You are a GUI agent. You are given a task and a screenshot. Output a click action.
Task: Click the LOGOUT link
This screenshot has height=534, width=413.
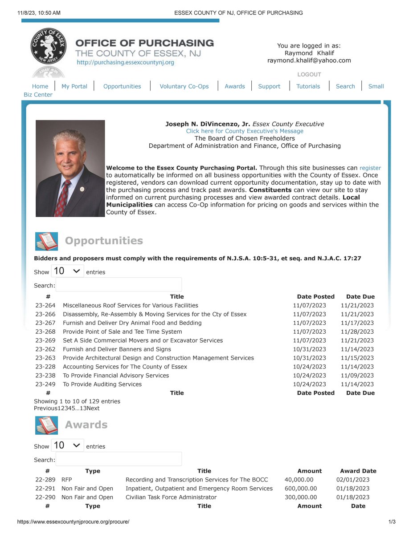tap(309, 74)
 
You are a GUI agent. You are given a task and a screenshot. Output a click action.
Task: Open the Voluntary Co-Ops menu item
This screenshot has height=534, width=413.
tap(184, 86)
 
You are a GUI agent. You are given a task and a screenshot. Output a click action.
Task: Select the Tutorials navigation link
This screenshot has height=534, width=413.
tap(308, 86)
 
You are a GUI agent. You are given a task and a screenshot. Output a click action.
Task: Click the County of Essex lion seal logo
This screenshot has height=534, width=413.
tap(49, 46)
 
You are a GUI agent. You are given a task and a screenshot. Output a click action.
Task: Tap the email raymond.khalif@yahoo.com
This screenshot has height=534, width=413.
tap(309, 61)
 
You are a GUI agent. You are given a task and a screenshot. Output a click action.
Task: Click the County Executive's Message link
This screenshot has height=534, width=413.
tap(245, 131)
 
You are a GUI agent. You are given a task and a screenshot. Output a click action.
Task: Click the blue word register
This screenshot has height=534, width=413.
tap(370, 168)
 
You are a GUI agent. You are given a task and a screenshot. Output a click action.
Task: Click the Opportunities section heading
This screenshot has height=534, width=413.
tap(104, 241)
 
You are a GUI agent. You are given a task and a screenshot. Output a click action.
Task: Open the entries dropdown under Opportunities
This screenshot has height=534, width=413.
tap(67, 271)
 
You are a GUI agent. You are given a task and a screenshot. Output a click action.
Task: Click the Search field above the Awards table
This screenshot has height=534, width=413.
tap(119, 459)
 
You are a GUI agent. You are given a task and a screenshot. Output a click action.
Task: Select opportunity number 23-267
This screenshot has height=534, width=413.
tap(45, 323)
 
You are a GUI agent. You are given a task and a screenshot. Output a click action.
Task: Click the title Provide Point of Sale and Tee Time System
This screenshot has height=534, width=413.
tap(122, 332)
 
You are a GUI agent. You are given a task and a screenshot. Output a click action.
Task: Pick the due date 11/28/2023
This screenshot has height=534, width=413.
tap(357, 332)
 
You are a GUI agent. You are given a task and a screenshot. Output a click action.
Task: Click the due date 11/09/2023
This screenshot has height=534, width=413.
tap(357, 376)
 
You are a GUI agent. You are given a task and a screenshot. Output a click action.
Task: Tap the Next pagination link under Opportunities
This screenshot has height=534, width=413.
tap(93, 409)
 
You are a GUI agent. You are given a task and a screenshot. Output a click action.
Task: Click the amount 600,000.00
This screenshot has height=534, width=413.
tap(301, 489)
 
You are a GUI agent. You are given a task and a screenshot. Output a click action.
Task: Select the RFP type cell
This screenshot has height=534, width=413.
tap(66, 480)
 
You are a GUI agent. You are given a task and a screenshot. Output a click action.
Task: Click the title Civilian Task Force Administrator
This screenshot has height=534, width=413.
tap(171, 498)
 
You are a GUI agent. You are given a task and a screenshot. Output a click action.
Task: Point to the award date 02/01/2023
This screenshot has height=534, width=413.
tap(353, 480)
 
